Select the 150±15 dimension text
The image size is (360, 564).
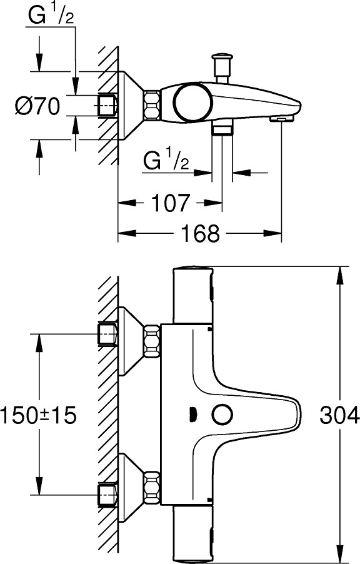click(39, 415)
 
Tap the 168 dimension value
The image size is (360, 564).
click(201, 234)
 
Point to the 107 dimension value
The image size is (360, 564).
click(168, 203)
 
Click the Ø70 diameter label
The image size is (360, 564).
click(37, 106)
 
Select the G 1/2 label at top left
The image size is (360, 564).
click(51, 17)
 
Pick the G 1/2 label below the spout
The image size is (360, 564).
click(166, 161)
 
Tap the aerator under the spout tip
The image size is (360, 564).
click(281, 117)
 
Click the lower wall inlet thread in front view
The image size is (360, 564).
click(108, 495)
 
